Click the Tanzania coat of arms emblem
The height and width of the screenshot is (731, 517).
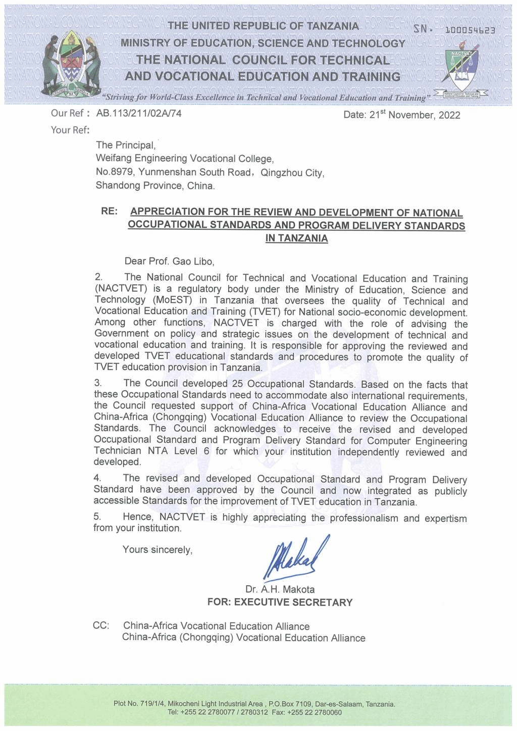pos(71,65)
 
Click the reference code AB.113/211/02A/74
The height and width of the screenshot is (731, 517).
pos(139,113)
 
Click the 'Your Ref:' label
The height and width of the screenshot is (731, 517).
pos(70,130)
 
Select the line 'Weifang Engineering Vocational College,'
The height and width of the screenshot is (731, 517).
pos(185,159)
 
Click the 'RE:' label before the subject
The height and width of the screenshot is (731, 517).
pos(109,212)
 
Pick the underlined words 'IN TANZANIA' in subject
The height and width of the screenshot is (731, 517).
pos(296,238)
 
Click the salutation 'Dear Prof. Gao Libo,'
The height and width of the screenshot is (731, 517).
pos(170,262)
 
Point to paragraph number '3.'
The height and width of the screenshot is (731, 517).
pos(98,384)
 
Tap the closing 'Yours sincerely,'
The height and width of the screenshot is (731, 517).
pos(158,550)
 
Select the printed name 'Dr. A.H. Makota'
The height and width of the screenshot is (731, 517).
pos(280,589)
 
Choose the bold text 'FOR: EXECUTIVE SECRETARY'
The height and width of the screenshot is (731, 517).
pos(280,602)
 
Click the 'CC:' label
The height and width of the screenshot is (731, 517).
pos(101,626)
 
